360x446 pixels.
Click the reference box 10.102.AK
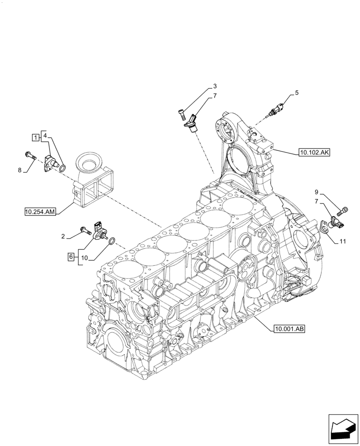point(314,153)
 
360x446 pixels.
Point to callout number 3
point(215,86)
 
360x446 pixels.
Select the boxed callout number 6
point(70,256)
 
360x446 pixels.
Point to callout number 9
point(316,192)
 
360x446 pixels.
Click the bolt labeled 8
point(29,155)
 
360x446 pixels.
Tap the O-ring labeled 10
point(113,241)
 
